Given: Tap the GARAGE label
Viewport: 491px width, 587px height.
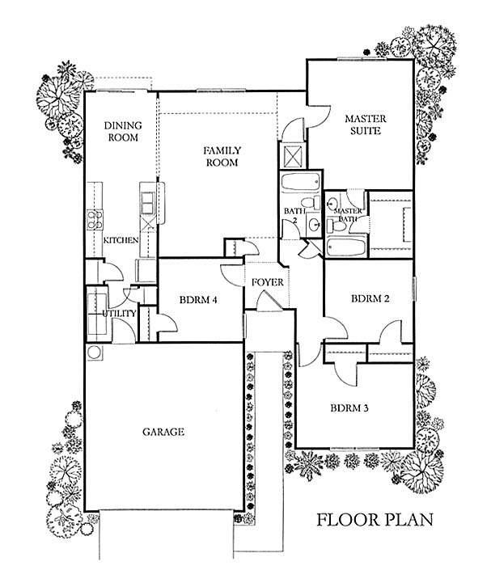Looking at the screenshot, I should click(164, 433).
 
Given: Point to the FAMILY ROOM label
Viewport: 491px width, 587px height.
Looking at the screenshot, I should click(220, 156).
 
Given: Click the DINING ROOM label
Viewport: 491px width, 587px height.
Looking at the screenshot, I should click(122, 131).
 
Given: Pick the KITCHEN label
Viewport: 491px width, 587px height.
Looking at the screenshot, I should click(121, 241).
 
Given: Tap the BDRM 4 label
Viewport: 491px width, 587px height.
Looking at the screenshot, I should click(197, 301).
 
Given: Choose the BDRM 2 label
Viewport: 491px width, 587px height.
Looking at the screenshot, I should click(370, 299).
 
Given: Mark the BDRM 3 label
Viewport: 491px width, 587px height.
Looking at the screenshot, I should click(349, 408).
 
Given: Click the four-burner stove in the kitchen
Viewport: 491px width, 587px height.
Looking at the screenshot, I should click(94, 219).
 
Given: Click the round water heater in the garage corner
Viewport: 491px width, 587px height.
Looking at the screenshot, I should click(93, 353).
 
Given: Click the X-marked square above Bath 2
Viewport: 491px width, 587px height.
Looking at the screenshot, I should click(290, 154).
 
